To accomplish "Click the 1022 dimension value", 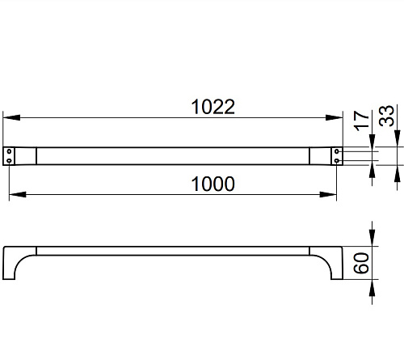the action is [x=213, y=107].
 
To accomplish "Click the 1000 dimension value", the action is [x=213, y=184].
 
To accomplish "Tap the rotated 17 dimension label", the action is [x=362, y=121].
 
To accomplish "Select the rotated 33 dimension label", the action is [x=386, y=116].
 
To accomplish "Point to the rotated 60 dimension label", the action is [x=361, y=263].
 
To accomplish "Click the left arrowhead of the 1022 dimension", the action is [x=11, y=117].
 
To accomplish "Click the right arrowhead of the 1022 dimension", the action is [x=334, y=117].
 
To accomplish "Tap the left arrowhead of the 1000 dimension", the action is [x=18, y=194].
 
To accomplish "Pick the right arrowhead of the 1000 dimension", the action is [x=328, y=194].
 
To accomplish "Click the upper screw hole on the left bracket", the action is [x=9, y=151].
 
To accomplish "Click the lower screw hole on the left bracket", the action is [x=9, y=161].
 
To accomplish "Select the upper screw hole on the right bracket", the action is [x=337, y=151].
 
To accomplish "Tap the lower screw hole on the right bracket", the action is [x=337, y=161].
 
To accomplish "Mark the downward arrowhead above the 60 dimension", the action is [x=372, y=238].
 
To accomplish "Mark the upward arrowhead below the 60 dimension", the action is [x=372, y=288].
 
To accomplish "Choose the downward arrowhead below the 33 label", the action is [x=398, y=138].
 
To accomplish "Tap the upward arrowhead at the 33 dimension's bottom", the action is [x=398, y=173].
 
